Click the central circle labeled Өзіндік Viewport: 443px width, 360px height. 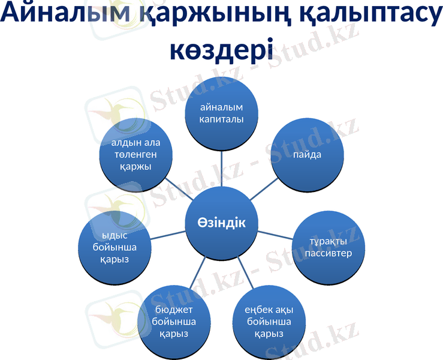[x=221, y=223]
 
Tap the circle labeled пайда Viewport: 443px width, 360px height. [x=308, y=154]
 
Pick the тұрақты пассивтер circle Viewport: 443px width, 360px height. [x=329, y=247]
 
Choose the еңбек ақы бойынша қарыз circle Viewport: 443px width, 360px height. [x=268, y=322]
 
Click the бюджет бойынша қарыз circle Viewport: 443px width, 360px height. [x=174, y=322]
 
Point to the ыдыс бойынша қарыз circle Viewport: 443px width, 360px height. [x=114, y=246]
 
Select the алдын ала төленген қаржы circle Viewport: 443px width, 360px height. [x=135, y=154]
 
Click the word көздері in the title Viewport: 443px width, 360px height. [x=221, y=48]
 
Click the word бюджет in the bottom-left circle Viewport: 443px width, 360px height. [x=174, y=310]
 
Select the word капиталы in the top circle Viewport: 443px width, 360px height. [x=221, y=119]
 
